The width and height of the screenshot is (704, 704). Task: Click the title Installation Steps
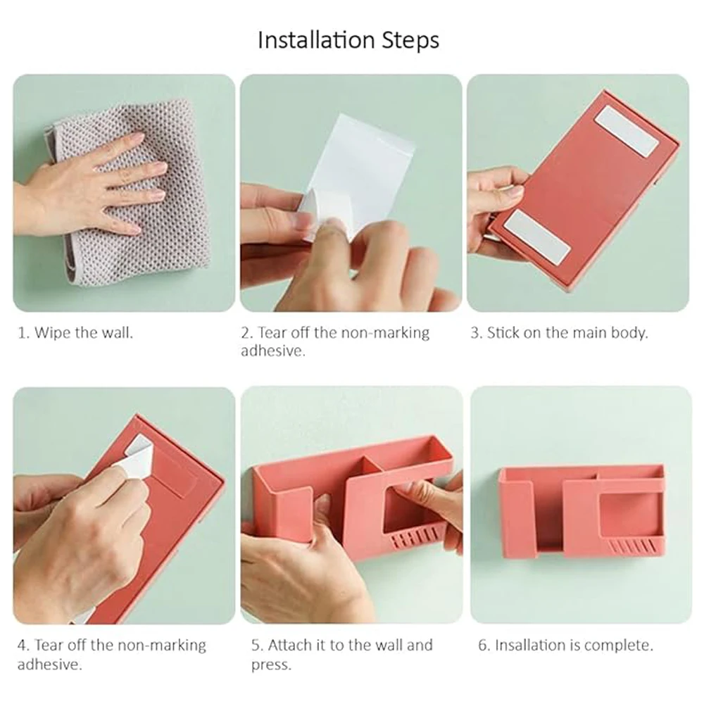[x=348, y=40]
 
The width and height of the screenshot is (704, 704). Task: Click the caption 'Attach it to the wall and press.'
[x=341, y=654]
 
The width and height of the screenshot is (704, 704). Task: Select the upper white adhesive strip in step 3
[x=627, y=131]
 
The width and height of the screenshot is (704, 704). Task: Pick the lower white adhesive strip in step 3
[x=537, y=237]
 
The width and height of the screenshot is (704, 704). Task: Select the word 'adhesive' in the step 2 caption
[x=273, y=351]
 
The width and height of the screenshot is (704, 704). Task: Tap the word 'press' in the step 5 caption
[x=271, y=665]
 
